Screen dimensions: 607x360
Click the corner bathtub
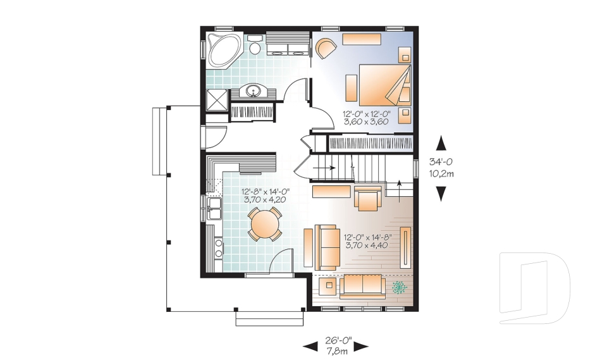pos(223,50)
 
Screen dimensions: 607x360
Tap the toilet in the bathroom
pos(254,44)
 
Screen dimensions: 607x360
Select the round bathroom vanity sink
pos(253,92)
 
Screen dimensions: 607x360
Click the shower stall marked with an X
pos(216,101)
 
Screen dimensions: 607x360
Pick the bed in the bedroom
pos(384,85)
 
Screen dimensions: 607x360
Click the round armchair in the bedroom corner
pos(326,49)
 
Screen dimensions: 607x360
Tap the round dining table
pos(265,224)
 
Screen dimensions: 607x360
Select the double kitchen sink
pos(214,209)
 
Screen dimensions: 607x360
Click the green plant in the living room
pos(400,287)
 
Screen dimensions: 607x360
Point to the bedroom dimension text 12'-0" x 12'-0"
pos(366,114)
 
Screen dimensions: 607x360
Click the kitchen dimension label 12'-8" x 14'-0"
pos(266,192)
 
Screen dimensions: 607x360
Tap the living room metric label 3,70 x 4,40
pos(366,245)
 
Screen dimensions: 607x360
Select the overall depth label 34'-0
pos(441,161)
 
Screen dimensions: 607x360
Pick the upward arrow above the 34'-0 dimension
pos(441,143)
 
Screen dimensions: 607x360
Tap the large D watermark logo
pos(534,288)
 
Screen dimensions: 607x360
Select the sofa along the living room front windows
pos(363,287)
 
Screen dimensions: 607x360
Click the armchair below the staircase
pos(367,199)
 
